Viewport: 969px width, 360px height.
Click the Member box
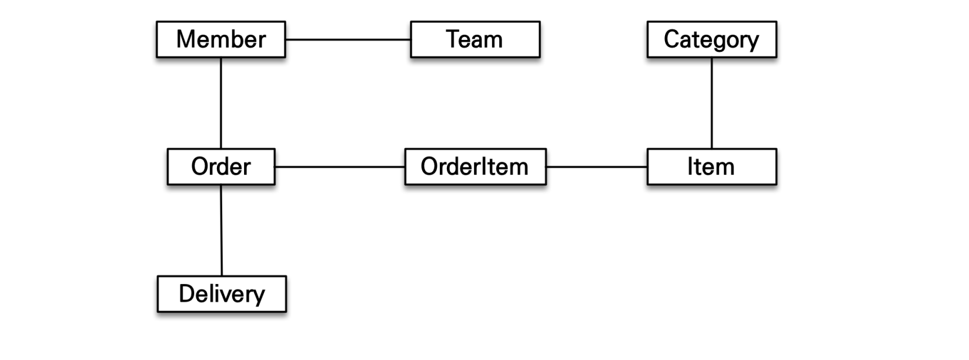point(221,39)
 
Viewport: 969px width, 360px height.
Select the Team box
point(476,39)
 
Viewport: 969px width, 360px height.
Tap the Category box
point(712,39)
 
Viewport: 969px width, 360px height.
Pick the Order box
point(221,166)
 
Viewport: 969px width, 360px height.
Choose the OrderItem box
point(476,166)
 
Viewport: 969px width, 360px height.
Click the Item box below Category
point(712,166)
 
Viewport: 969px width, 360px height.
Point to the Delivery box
point(222,294)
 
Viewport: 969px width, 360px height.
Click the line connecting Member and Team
point(348,39)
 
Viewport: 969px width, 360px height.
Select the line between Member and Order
point(221,103)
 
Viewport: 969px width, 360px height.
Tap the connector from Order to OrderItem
point(340,166)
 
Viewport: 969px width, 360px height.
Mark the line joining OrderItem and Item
point(597,166)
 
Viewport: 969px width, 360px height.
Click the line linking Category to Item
point(712,103)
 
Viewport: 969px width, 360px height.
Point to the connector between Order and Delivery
point(222,230)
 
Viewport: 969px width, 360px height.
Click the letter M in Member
point(186,39)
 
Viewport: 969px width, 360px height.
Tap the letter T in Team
point(453,39)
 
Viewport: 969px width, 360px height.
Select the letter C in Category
point(672,39)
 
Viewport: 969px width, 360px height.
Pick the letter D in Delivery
point(188,294)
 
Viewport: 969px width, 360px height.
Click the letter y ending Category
point(752,42)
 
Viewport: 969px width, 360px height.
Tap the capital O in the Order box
point(201,166)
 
